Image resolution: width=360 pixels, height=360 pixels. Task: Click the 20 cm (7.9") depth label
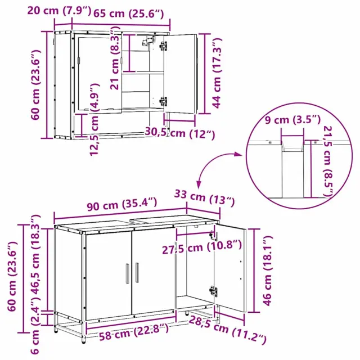(x=59, y=11)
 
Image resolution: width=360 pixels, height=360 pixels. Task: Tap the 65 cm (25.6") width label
(x=129, y=13)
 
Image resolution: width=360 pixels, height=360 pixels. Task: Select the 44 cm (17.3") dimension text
(x=217, y=73)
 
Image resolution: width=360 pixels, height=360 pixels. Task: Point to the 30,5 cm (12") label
(x=180, y=133)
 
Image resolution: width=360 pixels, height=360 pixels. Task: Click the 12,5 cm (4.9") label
(x=94, y=120)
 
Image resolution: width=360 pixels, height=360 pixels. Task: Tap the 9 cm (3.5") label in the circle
(x=292, y=120)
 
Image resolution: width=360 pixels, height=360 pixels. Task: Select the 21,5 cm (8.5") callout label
(x=328, y=161)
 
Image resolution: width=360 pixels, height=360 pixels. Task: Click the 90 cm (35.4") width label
(x=122, y=204)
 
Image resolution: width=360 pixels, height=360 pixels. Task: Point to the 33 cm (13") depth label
(x=205, y=197)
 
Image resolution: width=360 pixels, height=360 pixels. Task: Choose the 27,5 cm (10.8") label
(x=202, y=247)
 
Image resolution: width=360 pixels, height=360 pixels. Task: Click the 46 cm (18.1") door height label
(x=267, y=271)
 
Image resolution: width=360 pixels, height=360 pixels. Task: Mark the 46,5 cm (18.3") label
(x=35, y=259)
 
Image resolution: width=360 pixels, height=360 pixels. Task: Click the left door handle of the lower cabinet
(x=128, y=273)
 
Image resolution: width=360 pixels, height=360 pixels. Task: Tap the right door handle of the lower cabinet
(x=137, y=272)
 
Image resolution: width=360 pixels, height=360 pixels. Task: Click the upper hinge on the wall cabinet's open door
(x=164, y=46)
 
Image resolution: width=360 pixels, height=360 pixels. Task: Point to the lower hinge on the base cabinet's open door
(x=213, y=291)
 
